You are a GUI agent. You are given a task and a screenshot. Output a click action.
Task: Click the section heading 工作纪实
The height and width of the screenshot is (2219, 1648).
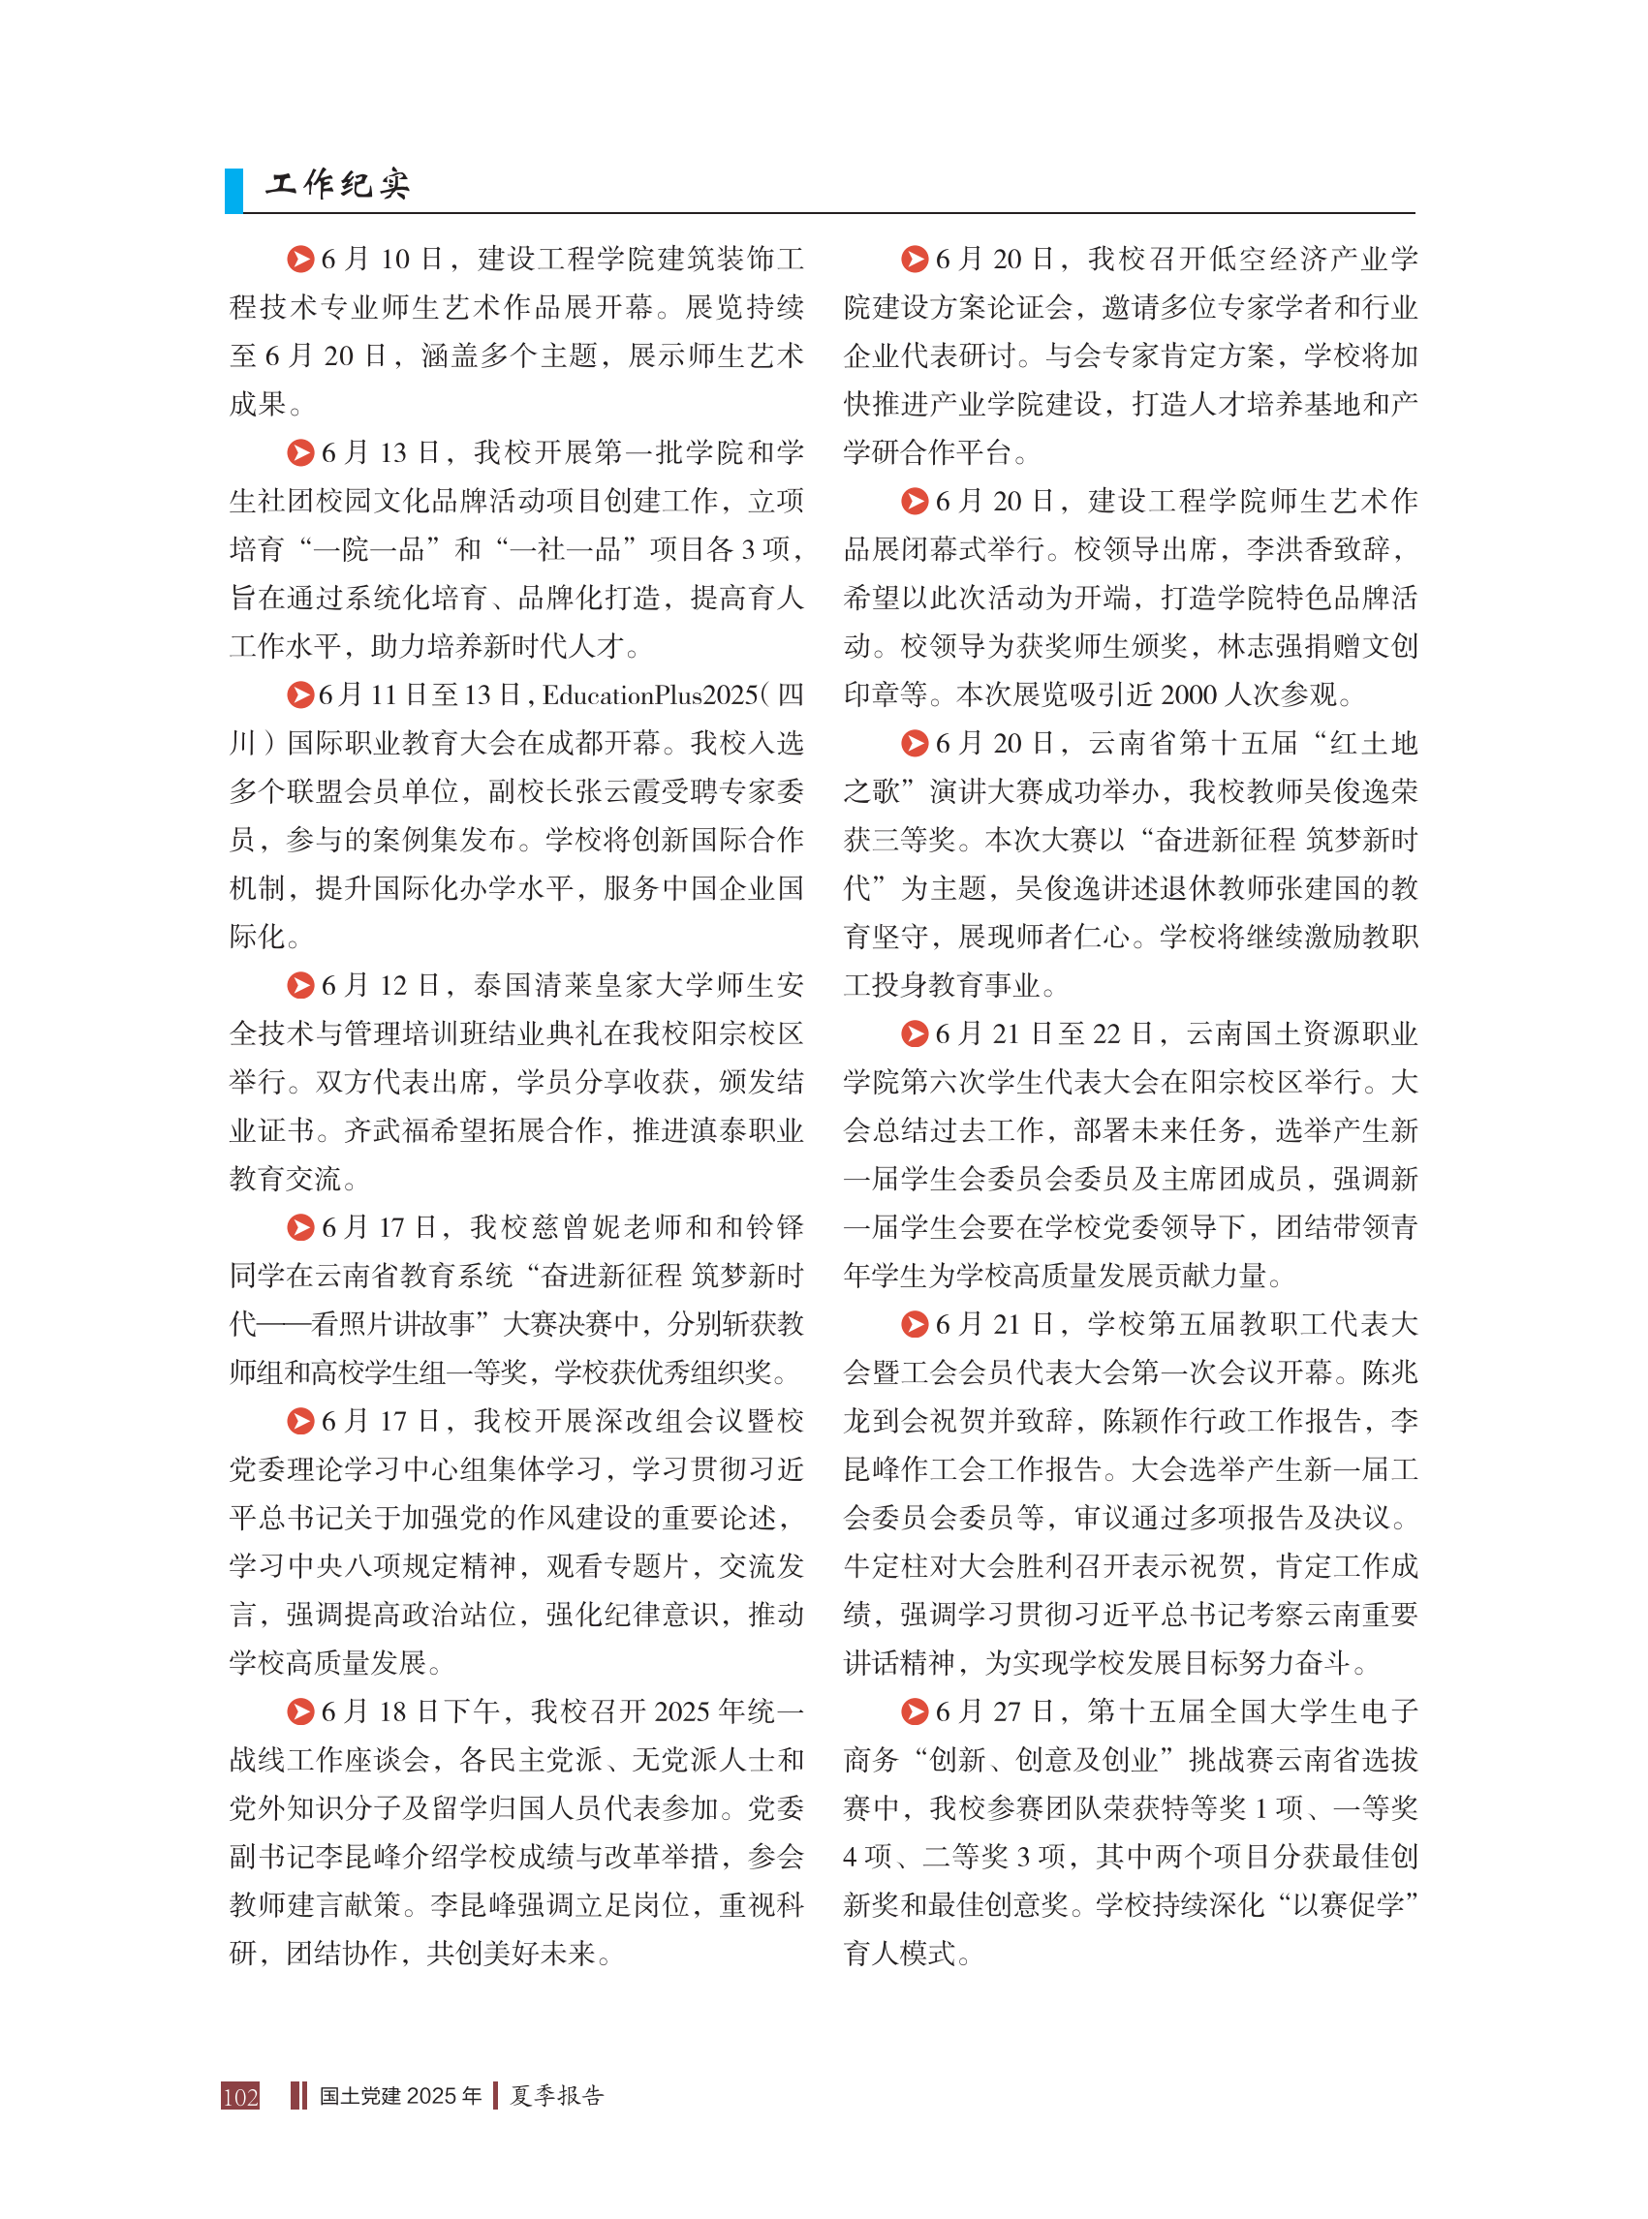337,183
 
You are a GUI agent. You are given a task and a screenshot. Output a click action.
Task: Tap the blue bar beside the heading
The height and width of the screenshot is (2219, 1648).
233,191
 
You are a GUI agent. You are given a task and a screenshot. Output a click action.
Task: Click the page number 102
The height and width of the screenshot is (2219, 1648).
240,2095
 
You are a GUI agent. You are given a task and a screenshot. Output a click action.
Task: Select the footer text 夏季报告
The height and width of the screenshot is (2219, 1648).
557,2095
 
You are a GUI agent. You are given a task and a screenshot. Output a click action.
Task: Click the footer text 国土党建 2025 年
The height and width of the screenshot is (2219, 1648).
400,2095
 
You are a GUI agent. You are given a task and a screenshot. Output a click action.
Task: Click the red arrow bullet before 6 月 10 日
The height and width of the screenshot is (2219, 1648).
300,260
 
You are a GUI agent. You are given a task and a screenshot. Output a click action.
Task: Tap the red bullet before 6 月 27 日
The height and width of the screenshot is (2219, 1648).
915,1712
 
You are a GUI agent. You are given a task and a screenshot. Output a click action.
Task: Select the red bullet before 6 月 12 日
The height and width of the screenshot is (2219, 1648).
300,985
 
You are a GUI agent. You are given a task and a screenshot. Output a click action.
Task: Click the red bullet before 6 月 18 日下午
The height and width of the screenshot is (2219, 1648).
300,1712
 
